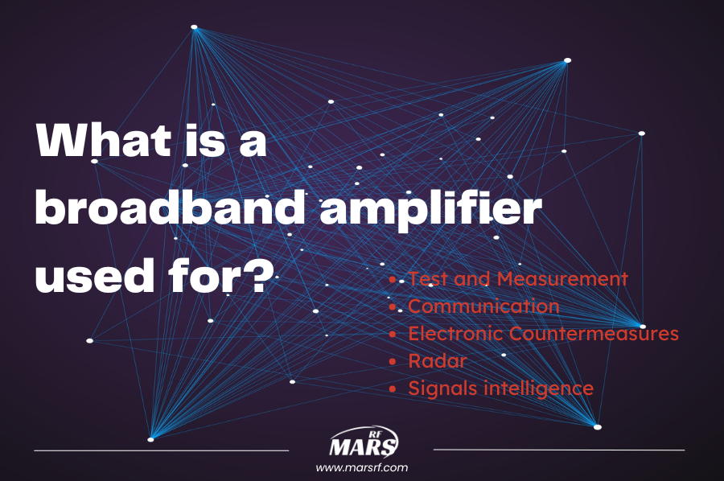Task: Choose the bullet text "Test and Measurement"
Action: pyautogui.click(x=517, y=279)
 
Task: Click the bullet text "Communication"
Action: pyautogui.click(x=483, y=306)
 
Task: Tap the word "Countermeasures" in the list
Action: pyautogui.click(x=594, y=333)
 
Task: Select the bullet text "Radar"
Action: pyautogui.click(x=437, y=360)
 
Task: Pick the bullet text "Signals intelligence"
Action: pyautogui.click(x=500, y=388)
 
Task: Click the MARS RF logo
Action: pyautogui.click(x=364, y=444)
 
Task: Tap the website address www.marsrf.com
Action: pyautogui.click(x=362, y=467)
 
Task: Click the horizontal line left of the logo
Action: pyautogui.click(x=161, y=450)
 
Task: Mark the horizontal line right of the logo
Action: pyautogui.click(x=559, y=450)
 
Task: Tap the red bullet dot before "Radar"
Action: pyautogui.click(x=393, y=361)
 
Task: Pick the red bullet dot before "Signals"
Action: pyautogui.click(x=393, y=388)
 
